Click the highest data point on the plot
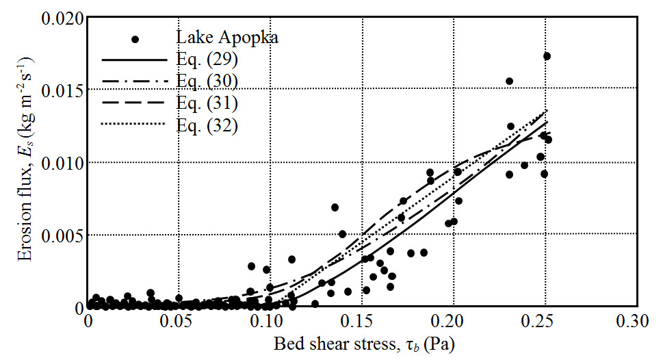pyautogui.click(x=547, y=56)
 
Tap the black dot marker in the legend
pyautogui.click(x=135, y=39)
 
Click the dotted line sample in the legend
pyautogui.click(x=134, y=124)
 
